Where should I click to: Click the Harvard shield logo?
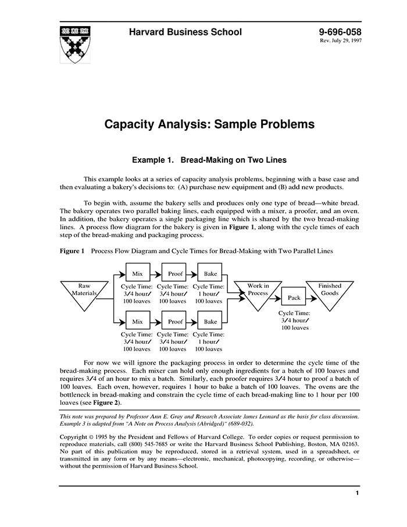[x=74, y=44]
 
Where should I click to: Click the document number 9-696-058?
[x=340, y=32]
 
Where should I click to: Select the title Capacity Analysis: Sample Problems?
[x=209, y=124]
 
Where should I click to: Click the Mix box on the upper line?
[x=137, y=273]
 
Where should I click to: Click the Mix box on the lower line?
[x=137, y=321]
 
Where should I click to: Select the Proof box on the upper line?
[x=175, y=273]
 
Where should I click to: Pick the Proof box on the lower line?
[x=175, y=321]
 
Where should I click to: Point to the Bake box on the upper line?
[x=210, y=273]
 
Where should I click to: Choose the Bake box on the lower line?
[x=210, y=321]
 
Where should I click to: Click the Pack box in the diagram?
[x=294, y=298]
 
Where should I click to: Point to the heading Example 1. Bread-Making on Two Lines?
[x=209, y=159]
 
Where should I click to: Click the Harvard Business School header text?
[x=185, y=32]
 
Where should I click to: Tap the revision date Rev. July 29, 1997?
[x=340, y=42]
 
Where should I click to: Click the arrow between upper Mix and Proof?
[x=156, y=273]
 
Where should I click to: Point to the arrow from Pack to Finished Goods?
[x=312, y=298]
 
